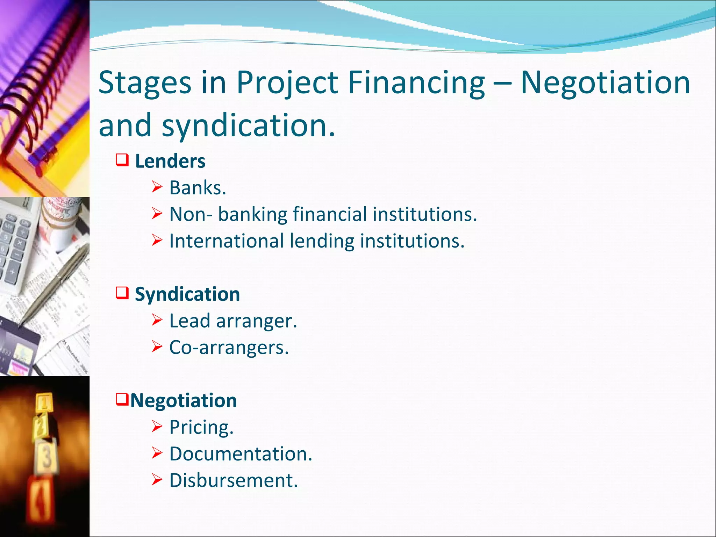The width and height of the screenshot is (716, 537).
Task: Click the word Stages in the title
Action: pyautogui.click(x=145, y=83)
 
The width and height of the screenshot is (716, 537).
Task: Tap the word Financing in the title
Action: pyautogui.click(x=416, y=83)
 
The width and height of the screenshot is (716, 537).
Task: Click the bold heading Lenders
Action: pyautogui.click(x=170, y=161)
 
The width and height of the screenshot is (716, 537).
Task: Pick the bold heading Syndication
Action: pyautogui.click(x=187, y=294)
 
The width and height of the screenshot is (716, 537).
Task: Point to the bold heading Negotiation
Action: pyautogui.click(x=184, y=400)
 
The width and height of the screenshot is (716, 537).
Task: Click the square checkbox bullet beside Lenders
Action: pyautogui.click(x=122, y=160)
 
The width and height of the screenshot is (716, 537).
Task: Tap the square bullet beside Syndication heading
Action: pyautogui.click(x=122, y=293)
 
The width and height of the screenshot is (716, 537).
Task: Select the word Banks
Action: pyautogui.click(x=198, y=188)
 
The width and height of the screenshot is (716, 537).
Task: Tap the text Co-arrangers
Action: pyautogui.click(x=229, y=348)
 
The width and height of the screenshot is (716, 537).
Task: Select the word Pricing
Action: pyautogui.click(x=201, y=427)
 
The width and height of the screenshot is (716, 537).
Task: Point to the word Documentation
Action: pyautogui.click(x=241, y=454)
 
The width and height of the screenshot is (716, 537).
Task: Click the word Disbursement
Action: pyautogui.click(x=234, y=480)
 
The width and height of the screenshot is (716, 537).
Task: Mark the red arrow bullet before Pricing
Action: pyautogui.click(x=157, y=427)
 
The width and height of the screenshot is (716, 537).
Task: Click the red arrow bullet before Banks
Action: pyautogui.click(x=157, y=187)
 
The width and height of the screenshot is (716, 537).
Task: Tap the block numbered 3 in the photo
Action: pyautogui.click(x=46, y=456)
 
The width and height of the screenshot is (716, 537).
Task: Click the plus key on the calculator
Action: pyautogui.click(x=12, y=272)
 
